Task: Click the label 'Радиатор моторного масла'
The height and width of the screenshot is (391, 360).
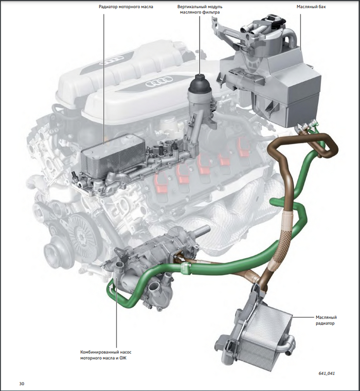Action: click(x=126, y=7)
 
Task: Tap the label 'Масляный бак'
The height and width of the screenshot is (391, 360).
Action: click(x=311, y=7)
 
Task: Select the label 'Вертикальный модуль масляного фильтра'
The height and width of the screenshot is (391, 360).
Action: click(x=200, y=9)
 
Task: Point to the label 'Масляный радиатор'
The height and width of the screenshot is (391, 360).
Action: click(x=326, y=321)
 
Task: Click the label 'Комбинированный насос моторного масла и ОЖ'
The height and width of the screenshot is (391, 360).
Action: click(x=106, y=355)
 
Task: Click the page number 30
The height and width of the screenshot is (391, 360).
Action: click(x=22, y=383)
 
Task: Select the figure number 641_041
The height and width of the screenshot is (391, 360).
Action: click(x=327, y=374)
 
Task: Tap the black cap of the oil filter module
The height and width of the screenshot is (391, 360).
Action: click(x=199, y=83)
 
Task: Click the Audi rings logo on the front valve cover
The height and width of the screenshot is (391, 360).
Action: click(x=159, y=81)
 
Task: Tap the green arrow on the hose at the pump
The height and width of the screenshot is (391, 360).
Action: click(x=110, y=290)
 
